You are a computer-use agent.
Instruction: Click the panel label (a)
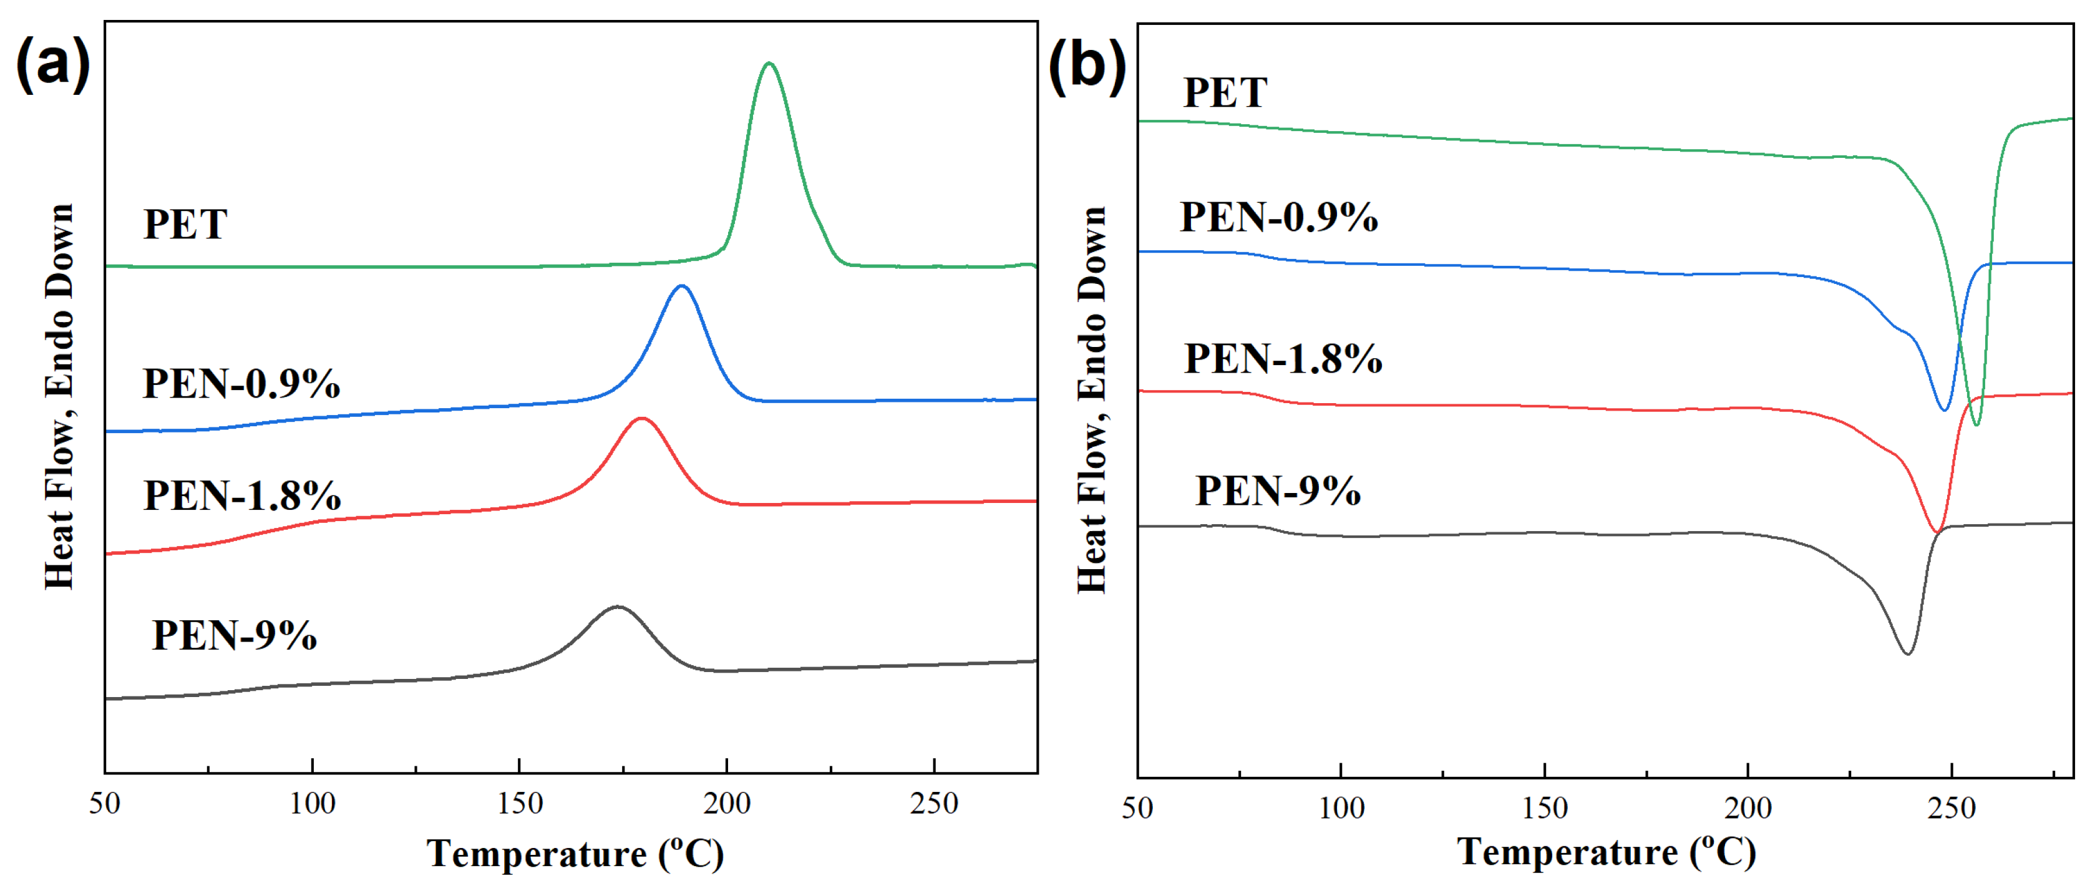tap(53, 65)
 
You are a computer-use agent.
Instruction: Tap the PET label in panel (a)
tap(185, 225)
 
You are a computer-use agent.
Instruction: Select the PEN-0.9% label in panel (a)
tap(241, 384)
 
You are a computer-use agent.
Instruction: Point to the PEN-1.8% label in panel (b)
tap(1283, 359)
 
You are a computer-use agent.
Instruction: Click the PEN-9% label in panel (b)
tap(1278, 491)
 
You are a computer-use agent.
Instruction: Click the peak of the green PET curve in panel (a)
tap(769, 63)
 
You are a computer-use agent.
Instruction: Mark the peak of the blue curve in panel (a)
tap(681, 286)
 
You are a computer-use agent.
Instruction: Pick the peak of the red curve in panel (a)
tap(643, 418)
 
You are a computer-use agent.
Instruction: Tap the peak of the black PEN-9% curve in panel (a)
tap(618, 607)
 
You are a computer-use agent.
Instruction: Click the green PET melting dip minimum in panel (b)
tap(1976, 424)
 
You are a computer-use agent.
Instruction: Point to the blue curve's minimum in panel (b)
tap(1944, 410)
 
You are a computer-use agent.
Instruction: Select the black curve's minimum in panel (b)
tap(1907, 653)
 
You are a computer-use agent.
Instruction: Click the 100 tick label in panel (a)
tap(313, 804)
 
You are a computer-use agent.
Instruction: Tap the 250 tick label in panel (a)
tap(934, 804)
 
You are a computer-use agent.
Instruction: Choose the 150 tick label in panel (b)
tap(1544, 808)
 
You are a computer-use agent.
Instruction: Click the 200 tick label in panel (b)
tap(1747, 808)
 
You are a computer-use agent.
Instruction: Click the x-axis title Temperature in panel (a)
tap(575, 854)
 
